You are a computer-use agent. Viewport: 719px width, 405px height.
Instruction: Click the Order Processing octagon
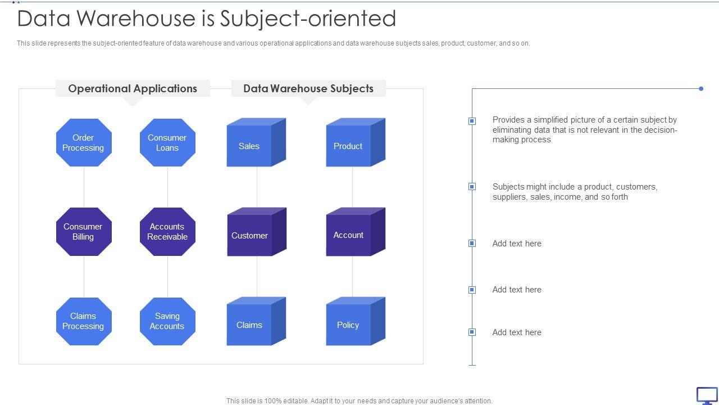pos(84,142)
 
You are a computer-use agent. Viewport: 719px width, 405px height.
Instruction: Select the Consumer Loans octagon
pos(167,142)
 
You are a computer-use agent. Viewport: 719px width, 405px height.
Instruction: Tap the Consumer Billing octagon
pos(84,232)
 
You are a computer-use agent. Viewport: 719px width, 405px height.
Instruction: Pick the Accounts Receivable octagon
pos(167,232)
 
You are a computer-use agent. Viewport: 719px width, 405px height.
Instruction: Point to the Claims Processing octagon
pos(84,321)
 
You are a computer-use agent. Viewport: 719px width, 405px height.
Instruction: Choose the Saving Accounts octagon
pos(167,321)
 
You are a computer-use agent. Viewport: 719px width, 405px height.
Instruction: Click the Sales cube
pos(249,146)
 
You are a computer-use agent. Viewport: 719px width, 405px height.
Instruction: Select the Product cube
pos(349,146)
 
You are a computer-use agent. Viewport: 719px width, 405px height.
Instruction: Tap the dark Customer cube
pos(250,236)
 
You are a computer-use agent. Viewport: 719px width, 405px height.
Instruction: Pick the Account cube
pos(349,235)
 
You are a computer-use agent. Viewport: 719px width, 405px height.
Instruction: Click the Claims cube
pos(249,325)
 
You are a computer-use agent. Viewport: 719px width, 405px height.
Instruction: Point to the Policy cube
pos(349,325)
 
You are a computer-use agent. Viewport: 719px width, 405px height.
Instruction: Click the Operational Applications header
pos(133,88)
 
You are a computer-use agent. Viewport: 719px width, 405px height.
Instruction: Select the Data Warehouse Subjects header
pos(308,88)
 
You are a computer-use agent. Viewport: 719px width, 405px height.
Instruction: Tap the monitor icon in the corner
pos(707,395)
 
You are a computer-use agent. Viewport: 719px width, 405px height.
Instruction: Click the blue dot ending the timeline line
pos(701,88)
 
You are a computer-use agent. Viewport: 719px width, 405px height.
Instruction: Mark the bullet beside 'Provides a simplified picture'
pos(472,121)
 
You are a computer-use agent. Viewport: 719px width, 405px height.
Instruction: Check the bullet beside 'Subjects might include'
pos(472,187)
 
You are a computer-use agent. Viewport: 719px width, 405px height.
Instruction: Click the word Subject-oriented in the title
pos(308,19)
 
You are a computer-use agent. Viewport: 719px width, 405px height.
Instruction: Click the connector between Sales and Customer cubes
pos(257,187)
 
